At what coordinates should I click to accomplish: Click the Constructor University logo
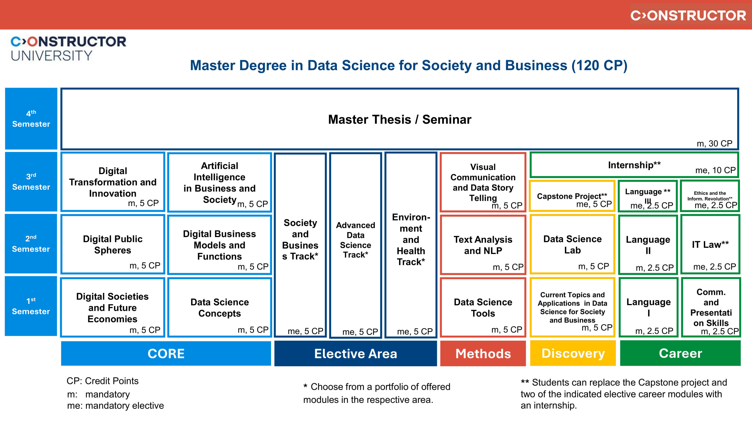68,49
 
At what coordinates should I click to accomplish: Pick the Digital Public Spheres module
113,245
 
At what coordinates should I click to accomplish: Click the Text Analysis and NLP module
483,245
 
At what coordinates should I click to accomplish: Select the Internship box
634,165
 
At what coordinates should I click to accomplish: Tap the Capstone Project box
572,196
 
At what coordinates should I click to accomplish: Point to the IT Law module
710,244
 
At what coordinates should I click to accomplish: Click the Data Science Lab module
572,244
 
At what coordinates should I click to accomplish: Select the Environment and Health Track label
411,239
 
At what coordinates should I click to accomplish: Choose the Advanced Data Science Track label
355,240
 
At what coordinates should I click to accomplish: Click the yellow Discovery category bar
573,353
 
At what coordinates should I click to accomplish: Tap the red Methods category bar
483,353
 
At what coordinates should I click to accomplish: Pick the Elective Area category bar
355,353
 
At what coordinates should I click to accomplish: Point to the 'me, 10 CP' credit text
715,170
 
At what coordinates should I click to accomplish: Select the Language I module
648,307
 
